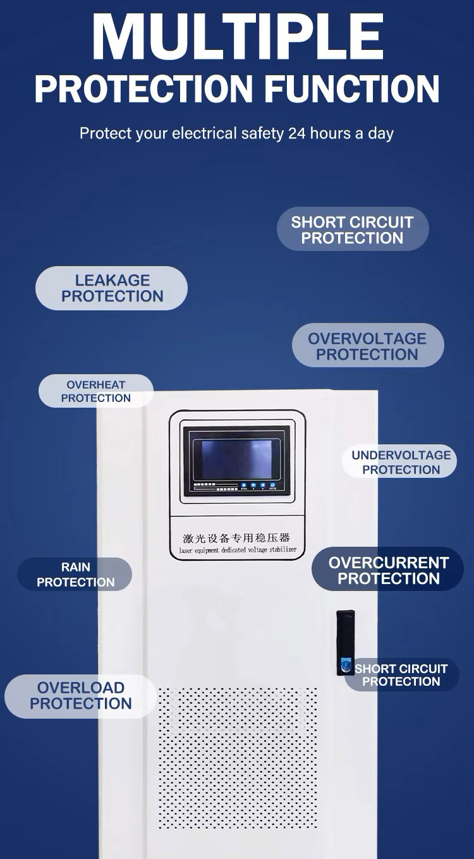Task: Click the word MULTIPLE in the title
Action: point(238,36)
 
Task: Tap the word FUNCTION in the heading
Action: point(353,88)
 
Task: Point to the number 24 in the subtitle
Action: point(296,133)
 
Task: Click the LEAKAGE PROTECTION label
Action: point(112,288)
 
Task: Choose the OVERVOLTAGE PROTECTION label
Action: point(367,346)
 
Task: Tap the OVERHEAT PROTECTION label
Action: point(96,391)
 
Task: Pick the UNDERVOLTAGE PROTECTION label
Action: point(400,462)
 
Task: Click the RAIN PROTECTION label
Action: point(75,575)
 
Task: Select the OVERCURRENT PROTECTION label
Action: point(388,570)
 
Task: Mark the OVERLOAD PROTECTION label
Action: point(80,696)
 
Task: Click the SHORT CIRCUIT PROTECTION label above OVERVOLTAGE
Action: point(352,230)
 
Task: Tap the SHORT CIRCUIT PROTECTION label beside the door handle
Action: point(401,675)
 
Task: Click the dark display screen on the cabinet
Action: point(236,460)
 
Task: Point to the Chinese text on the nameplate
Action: point(236,538)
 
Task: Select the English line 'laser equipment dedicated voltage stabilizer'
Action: point(237,551)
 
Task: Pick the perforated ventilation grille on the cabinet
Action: point(238,758)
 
